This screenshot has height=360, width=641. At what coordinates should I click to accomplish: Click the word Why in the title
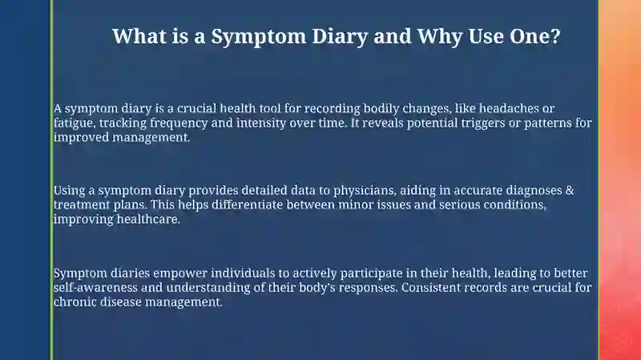440,37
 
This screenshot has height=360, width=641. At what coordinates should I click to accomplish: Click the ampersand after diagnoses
570,191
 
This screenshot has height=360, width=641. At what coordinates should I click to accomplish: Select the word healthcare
148,219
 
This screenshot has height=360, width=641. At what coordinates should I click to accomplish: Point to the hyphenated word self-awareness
95,287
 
